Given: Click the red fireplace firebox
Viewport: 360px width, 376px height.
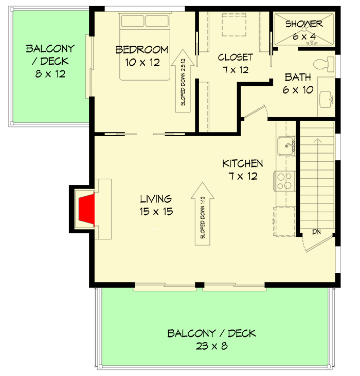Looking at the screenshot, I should (85, 210).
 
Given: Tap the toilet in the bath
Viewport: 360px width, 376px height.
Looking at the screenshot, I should (323, 65).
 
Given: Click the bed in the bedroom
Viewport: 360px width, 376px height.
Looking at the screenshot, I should (145, 46).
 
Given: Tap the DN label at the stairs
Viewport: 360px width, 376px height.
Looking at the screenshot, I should (317, 232).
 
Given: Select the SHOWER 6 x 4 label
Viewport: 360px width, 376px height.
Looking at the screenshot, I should (304, 29).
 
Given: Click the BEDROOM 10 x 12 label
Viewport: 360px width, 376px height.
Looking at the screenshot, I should (141, 56).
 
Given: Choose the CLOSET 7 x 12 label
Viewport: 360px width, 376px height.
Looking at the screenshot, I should (235, 63).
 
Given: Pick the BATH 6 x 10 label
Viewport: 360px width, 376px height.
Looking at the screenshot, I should (298, 84).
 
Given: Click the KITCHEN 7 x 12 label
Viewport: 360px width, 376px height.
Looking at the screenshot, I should (242, 170).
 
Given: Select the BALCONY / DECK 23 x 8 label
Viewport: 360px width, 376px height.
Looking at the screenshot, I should (211, 340).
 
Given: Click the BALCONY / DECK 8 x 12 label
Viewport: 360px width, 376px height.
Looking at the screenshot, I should (50, 61).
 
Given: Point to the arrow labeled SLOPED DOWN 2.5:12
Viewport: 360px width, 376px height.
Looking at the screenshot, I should (183, 82).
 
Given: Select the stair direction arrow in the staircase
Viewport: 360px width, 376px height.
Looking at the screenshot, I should (318, 180).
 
